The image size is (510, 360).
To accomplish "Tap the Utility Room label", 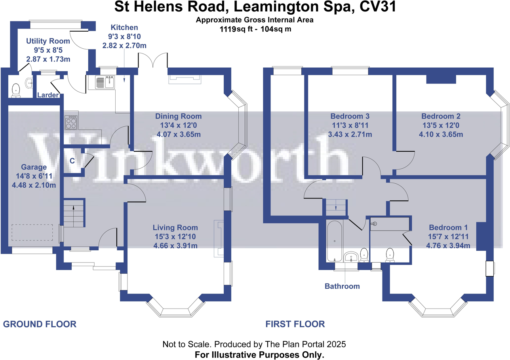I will pyautogui.click(x=48, y=41).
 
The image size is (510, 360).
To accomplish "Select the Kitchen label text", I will pyautogui.click(x=124, y=27).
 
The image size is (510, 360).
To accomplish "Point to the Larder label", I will pyautogui.click(x=48, y=95).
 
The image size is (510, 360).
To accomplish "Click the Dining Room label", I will pyautogui.click(x=178, y=116).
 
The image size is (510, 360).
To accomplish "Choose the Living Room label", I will pyautogui.click(x=175, y=228).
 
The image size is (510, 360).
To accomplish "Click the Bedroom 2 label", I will pyautogui.click(x=441, y=116).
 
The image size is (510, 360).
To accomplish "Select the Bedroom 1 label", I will pyautogui.click(x=449, y=228).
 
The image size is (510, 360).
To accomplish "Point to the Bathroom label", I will pyautogui.click(x=342, y=286).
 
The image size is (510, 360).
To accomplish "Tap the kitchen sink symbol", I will pyautogui.click(x=105, y=82).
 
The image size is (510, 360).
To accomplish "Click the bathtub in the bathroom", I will pyautogui.click(x=335, y=241).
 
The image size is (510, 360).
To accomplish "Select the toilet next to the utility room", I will pyautogui.click(x=16, y=90).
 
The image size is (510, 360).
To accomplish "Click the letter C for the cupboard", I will pyautogui.click(x=72, y=161).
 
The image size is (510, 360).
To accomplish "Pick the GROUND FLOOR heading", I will pyautogui.click(x=40, y=324).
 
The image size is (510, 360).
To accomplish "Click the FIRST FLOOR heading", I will pyautogui.click(x=295, y=324).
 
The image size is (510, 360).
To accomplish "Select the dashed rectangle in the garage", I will pyautogui.click(x=32, y=232).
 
